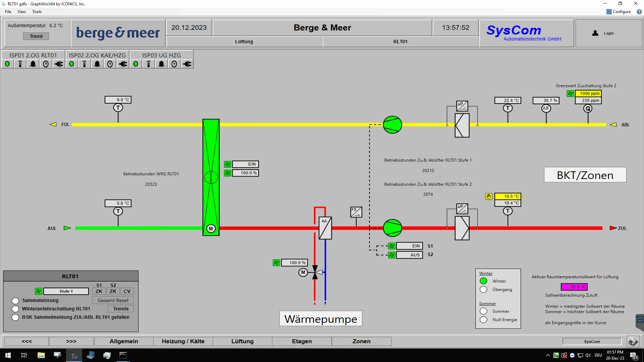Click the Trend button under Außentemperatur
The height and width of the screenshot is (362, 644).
36,36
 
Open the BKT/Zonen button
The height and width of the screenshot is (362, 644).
585,175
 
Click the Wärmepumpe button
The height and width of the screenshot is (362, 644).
321,319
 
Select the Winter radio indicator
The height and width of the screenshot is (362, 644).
483,281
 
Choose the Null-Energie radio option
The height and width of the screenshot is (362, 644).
483,320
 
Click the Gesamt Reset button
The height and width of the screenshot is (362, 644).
113,300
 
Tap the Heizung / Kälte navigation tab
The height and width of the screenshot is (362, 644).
183,341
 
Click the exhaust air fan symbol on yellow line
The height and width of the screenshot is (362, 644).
392,125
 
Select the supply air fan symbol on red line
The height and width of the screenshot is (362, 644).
392,228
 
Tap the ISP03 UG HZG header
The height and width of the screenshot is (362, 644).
161,55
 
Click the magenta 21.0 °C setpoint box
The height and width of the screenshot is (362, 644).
574,287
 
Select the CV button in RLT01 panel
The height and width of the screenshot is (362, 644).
127,291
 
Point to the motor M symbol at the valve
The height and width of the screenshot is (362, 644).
303,272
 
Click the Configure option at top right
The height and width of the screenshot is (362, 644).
619,12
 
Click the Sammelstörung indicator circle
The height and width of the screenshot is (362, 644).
15,300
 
